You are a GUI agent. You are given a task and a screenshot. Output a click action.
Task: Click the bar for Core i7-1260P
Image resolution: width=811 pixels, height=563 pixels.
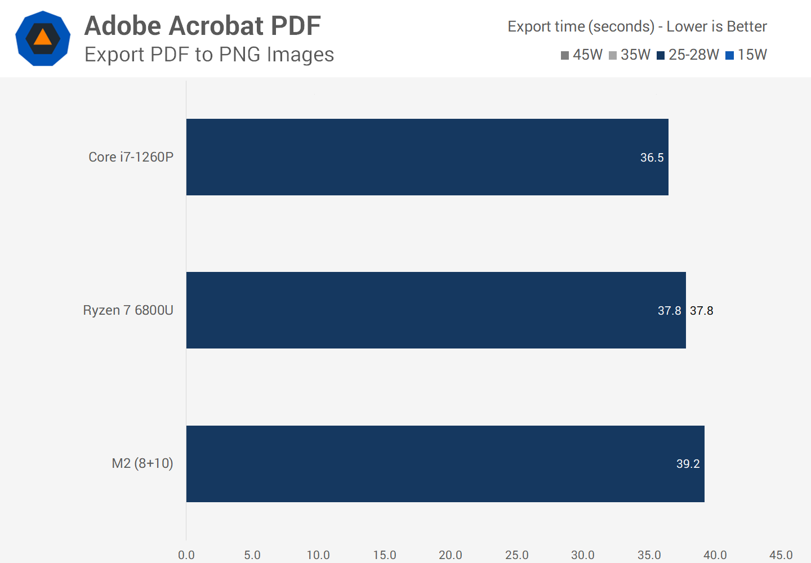pos(427,157)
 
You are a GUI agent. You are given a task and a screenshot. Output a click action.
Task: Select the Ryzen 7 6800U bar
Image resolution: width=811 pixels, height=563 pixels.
pos(436,310)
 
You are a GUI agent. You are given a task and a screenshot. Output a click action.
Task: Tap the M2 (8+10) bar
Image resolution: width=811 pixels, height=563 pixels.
pos(445,463)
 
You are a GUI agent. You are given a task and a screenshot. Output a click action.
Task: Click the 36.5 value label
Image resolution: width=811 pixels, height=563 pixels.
pos(652,158)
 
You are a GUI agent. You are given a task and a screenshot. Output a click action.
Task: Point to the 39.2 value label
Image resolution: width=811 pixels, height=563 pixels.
pos(688,464)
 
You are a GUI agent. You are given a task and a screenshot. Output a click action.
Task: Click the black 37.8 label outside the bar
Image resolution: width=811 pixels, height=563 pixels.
pos(701,311)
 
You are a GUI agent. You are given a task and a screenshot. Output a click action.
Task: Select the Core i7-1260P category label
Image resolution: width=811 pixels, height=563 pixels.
pos(131,157)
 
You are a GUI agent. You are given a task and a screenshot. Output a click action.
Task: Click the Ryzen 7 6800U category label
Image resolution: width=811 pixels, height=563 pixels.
pos(128,310)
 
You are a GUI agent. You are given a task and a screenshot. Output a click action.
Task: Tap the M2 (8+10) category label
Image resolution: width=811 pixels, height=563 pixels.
pos(142,463)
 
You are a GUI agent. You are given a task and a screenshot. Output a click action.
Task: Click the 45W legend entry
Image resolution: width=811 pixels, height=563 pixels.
pos(582,55)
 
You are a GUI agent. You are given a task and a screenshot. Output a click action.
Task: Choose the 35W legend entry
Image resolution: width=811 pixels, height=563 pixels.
pos(630,55)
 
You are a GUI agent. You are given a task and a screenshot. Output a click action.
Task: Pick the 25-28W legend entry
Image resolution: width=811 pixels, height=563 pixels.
pos(688,55)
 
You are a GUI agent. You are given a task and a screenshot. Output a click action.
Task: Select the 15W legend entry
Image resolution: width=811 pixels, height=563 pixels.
pos(746,55)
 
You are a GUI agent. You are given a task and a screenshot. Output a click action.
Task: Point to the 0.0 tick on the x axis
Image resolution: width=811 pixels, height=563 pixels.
pos(186,555)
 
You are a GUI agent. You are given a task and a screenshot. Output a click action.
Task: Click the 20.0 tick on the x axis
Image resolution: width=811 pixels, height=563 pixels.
pos(451,555)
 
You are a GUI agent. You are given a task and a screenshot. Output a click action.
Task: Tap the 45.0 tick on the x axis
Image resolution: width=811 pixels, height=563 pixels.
pos(781,555)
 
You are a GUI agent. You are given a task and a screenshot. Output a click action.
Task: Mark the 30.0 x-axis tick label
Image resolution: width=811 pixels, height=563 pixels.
pos(583,555)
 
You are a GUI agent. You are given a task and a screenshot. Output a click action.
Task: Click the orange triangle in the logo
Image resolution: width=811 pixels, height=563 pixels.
pos(43,38)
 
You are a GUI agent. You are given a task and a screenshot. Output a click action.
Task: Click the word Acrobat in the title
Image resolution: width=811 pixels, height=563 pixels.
pos(216,26)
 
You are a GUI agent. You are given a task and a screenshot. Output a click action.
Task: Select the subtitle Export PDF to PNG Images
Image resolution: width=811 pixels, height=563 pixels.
pos(209,55)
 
